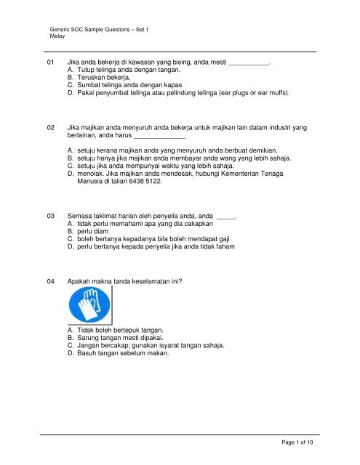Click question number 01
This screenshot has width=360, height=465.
50,63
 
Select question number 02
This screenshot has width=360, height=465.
50,127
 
